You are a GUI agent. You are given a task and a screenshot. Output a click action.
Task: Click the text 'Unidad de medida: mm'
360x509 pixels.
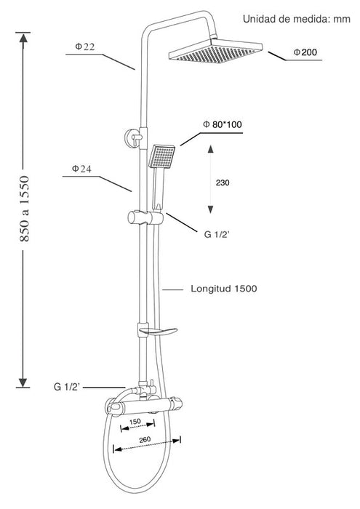(x=297, y=19)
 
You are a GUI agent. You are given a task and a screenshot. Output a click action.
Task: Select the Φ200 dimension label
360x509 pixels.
(x=305, y=52)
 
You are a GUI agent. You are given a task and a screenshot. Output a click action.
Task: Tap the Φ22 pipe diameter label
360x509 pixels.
(x=84, y=47)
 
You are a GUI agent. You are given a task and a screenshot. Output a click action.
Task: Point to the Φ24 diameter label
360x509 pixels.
(x=81, y=169)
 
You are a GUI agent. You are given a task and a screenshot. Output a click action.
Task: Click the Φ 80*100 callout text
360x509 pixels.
(x=223, y=124)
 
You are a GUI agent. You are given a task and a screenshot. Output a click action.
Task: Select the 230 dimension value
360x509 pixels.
(x=223, y=183)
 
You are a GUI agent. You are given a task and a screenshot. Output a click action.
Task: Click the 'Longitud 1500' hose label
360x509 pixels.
(x=224, y=289)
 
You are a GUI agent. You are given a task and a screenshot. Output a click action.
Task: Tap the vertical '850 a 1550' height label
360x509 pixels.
(x=25, y=209)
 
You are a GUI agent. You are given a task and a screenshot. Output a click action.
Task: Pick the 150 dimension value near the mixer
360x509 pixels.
(x=135, y=421)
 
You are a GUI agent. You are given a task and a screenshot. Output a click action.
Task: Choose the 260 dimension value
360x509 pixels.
(x=145, y=439)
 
